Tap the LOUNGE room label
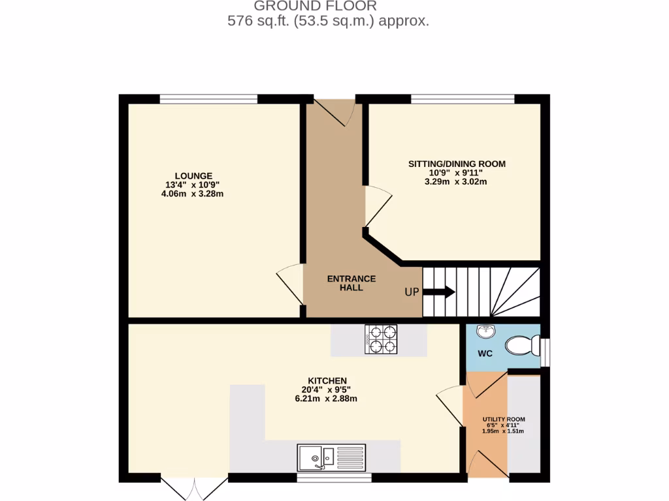click(193, 175)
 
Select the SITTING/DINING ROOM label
click(457, 164)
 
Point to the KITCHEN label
click(327, 380)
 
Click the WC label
click(485, 354)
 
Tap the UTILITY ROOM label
click(503, 419)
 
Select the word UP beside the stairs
click(411, 292)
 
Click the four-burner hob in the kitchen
click(382, 339)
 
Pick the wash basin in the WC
click(486, 333)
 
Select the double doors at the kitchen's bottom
click(194, 488)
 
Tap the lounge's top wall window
click(208, 99)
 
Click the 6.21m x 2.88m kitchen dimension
click(326, 399)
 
